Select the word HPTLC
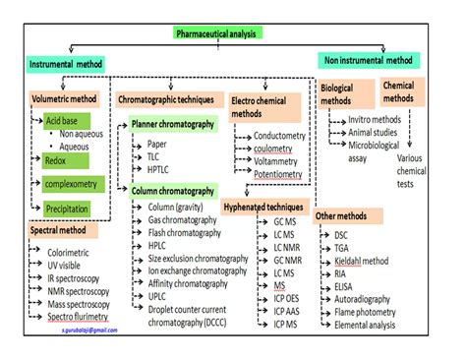pos(160,170)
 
